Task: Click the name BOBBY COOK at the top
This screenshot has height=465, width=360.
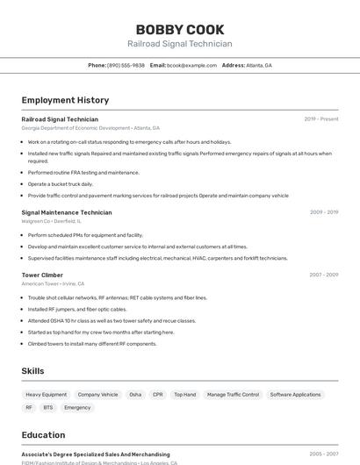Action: [x=180, y=30]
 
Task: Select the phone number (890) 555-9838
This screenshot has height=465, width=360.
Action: [x=126, y=65]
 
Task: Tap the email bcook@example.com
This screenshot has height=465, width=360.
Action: [x=191, y=65]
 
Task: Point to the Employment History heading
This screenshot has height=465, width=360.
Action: [x=65, y=100]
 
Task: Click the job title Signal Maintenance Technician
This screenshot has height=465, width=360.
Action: [x=67, y=212]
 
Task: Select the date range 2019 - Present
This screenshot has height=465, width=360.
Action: [x=321, y=119]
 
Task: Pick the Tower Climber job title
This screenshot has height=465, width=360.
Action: [x=42, y=275]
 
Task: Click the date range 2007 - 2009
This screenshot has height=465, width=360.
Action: [x=323, y=275]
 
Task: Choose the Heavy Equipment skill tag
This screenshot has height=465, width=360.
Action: [x=46, y=395]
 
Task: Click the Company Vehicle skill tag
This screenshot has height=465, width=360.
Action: [x=97, y=395]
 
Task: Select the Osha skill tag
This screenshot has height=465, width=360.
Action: [x=135, y=395]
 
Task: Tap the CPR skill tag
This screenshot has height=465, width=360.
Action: [x=158, y=395]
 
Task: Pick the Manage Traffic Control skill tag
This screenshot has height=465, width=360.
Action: [x=233, y=395]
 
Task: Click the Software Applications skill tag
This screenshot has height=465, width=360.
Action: [x=295, y=395]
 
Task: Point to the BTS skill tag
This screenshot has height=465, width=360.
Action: [x=47, y=407]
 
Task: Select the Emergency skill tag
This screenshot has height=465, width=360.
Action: [x=77, y=407]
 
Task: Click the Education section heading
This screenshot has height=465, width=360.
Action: [x=43, y=435]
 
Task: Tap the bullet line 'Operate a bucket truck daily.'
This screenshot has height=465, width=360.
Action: [x=60, y=184]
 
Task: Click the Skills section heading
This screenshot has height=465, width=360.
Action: [x=32, y=371]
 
